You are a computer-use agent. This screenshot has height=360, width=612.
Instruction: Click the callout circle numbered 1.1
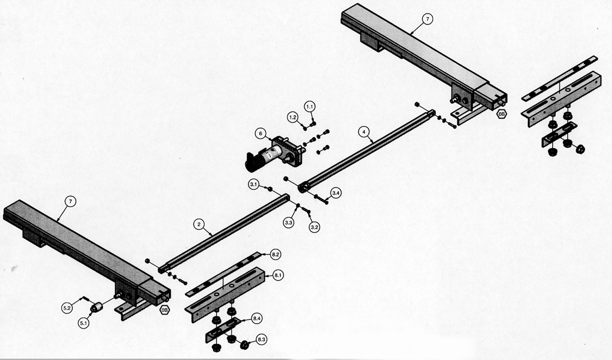click(310, 106)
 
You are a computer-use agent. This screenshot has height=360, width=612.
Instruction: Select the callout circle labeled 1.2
click(293, 117)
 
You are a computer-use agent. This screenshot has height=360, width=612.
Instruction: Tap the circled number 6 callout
click(260, 134)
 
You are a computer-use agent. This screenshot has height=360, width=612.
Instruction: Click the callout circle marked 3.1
click(254, 185)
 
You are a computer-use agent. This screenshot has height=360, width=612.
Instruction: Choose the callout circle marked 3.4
click(336, 193)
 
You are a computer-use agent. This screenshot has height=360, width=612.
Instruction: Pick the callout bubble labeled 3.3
click(288, 223)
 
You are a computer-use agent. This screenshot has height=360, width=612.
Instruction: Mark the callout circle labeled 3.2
click(315, 227)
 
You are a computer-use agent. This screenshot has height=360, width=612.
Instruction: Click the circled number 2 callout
click(198, 224)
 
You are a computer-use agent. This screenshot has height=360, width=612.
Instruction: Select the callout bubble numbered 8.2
click(275, 255)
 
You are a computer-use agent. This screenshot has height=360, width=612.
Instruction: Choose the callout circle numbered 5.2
click(67, 308)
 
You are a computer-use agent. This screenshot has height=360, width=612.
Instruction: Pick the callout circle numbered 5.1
click(84, 323)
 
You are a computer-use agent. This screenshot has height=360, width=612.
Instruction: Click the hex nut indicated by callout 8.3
click(244, 345)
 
